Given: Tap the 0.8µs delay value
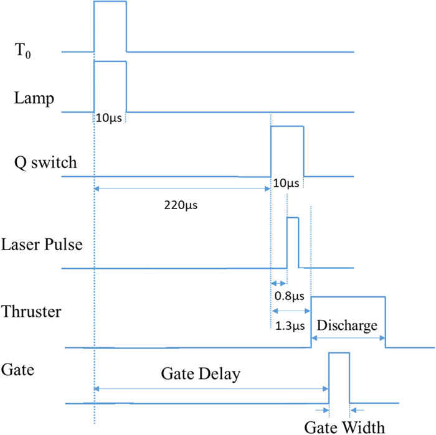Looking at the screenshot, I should (287, 297).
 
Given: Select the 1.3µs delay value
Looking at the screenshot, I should (288, 325).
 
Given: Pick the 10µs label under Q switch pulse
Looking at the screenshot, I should (287, 184).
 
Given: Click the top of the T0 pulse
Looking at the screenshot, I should (110, 2).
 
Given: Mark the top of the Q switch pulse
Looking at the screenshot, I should (287, 126).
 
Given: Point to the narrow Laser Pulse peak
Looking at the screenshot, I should (292, 217).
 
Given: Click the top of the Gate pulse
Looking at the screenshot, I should (339, 353).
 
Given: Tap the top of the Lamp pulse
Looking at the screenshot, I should (110, 61).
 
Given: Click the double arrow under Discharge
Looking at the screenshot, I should (348, 337).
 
